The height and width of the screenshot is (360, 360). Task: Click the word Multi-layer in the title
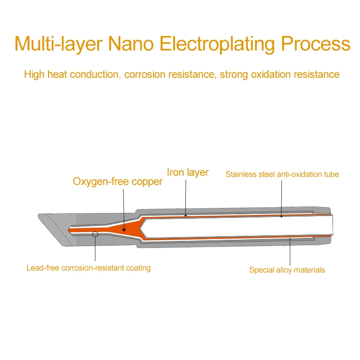60,44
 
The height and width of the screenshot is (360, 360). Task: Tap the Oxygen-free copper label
117,182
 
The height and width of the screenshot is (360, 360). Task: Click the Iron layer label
188,172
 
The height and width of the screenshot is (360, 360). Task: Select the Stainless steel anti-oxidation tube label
282,174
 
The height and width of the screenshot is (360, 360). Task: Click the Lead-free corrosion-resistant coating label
89,268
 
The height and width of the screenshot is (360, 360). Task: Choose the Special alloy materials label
287,270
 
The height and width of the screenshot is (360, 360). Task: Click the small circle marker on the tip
95,234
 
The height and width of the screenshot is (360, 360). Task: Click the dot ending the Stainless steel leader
282,216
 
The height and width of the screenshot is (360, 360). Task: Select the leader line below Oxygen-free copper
123,207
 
